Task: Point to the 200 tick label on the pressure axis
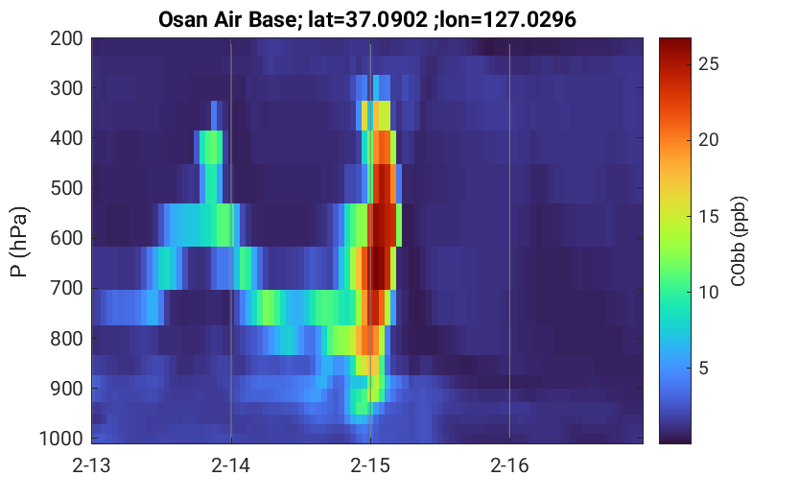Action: [x=66, y=38]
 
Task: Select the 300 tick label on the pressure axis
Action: [x=66, y=88]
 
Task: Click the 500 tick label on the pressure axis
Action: [x=66, y=188]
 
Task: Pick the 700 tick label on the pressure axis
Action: [x=66, y=288]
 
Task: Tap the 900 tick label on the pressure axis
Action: [x=66, y=389]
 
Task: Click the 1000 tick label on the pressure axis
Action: [x=61, y=439]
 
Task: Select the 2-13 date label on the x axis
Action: [x=92, y=465]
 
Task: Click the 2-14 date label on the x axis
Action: [x=231, y=465]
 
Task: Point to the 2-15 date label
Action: [x=370, y=465]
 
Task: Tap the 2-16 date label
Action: [x=509, y=465]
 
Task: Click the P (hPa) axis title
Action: [x=19, y=242]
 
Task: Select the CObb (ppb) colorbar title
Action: [x=738, y=241]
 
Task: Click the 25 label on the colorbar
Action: [x=709, y=64]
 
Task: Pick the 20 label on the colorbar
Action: [x=709, y=140]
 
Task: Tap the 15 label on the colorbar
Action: [x=709, y=216]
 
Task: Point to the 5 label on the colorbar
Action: [x=704, y=368]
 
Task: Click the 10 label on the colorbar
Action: [x=709, y=292]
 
